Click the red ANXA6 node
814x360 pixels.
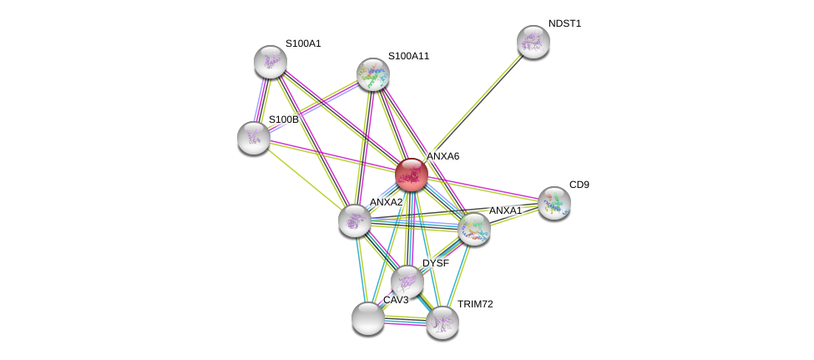tap(412, 175)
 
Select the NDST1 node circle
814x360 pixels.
tap(533, 42)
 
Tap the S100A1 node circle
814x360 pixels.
tap(270, 62)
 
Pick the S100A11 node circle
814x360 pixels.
tap(373, 74)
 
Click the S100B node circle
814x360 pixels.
tap(254, 138)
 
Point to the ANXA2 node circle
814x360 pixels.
tap(355, 221)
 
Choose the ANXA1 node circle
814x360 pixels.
tap(474, 228)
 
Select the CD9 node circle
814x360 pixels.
tap(554, 202)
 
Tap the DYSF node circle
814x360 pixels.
tap(407, 281)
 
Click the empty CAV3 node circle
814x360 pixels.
tap(368, 318)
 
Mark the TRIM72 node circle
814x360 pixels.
tap(442, 322)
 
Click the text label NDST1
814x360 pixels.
tap(564, 23)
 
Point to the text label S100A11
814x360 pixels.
tap(408, 56)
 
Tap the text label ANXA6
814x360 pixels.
tap(442, 156)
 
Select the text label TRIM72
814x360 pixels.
tap(474, 304)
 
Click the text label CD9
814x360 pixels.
tap(579, 185)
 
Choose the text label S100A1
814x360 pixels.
tap(303, 43)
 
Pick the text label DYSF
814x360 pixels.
tap(435, 263)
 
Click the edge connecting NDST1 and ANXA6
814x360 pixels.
tap(473, 108)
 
